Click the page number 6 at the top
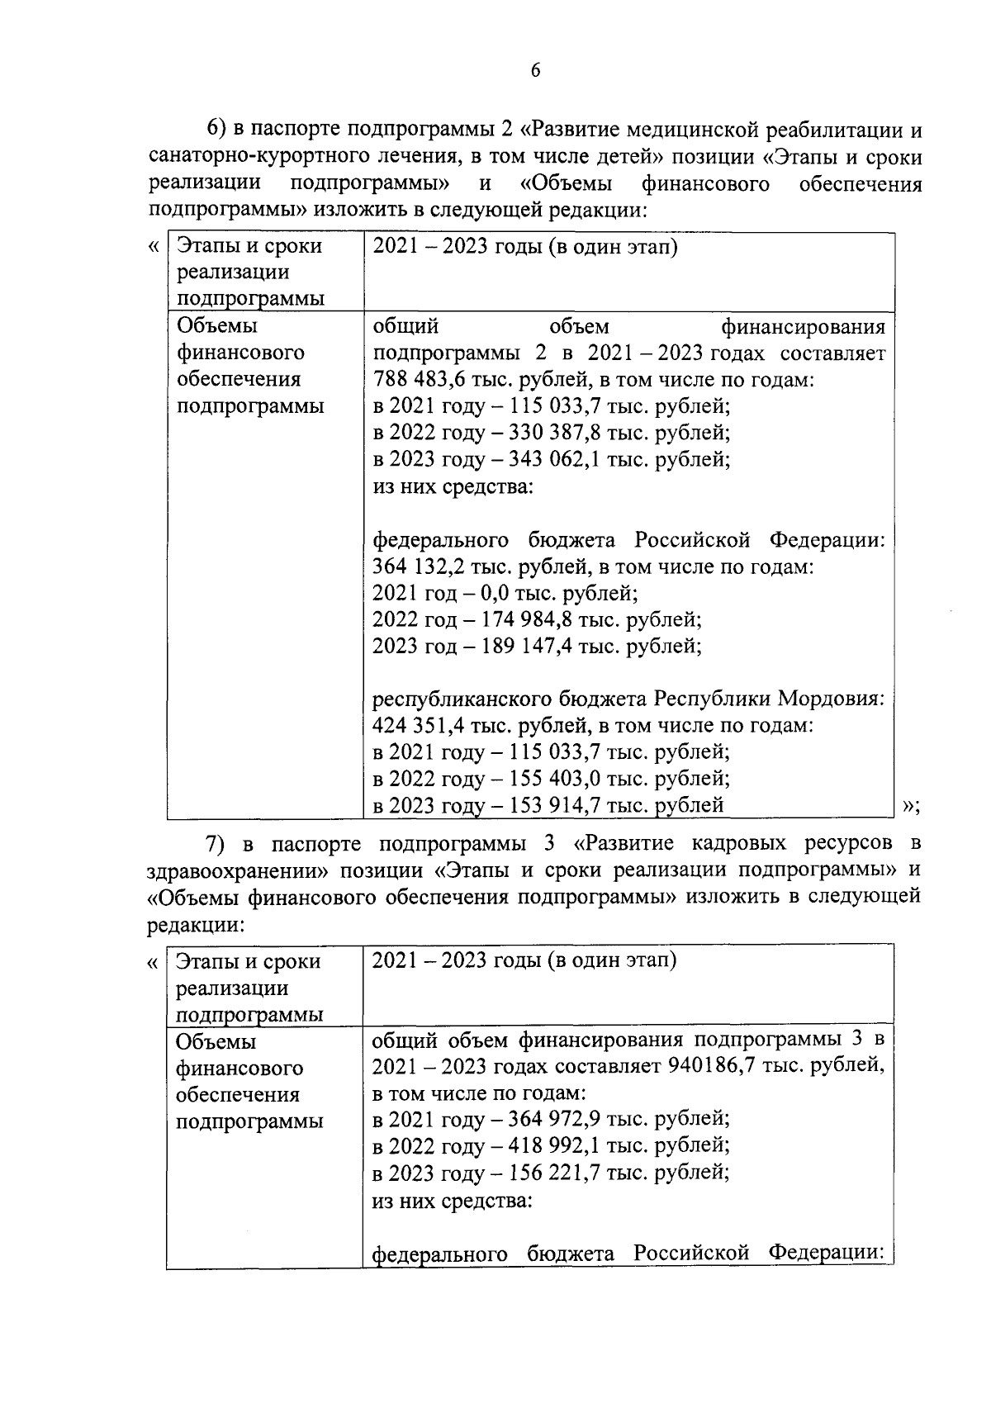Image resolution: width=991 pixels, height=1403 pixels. click(535, 71)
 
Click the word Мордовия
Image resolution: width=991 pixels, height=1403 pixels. click(830, 699)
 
